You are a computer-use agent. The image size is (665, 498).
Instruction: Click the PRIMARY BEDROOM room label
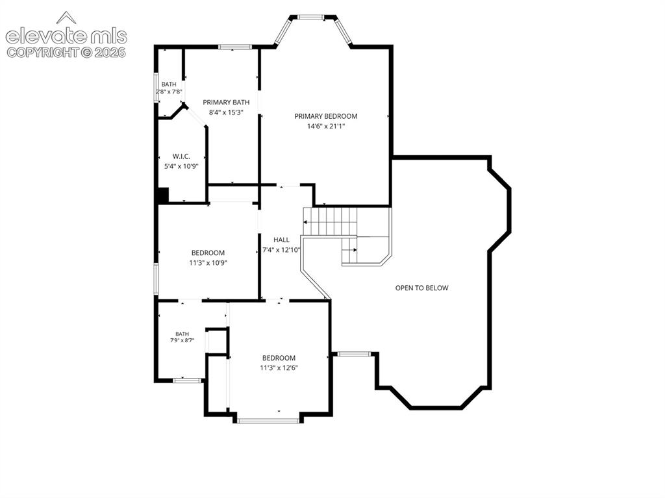pos(326,116)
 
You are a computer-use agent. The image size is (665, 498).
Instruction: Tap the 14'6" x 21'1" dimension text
pos(326,126)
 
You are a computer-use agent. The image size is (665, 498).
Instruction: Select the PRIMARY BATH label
pos(226,102)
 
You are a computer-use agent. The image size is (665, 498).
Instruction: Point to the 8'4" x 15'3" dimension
pos(226,112)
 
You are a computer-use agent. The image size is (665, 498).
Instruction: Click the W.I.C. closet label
pos(181,156)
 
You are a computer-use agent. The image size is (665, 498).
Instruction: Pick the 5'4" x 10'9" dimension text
pos(181,167)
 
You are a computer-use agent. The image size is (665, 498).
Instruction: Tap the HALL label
pos(282,240)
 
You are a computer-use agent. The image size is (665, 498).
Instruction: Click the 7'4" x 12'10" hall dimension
pos(281,250)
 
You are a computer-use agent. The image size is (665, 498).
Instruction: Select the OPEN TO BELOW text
pos(421,288)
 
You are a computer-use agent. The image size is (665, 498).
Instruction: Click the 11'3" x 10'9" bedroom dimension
pos(208,263)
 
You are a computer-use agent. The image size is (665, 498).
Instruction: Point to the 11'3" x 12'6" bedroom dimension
pos(279,367)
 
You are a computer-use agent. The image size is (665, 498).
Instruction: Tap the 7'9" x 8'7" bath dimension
pos(182,340)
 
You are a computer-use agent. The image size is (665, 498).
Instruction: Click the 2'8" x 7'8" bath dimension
pos(169,91)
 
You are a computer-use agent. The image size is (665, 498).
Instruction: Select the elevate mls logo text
pos(66,36)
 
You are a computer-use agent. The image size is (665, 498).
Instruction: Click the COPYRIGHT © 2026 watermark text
pos(67,52)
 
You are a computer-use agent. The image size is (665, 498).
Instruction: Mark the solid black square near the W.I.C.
pos(163,195)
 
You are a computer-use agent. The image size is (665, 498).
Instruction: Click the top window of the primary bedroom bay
pos(311,17)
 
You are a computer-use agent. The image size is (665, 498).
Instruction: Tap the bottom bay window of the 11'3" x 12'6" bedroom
pos(268,421)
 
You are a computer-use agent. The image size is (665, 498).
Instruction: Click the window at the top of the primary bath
pos(235,47)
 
